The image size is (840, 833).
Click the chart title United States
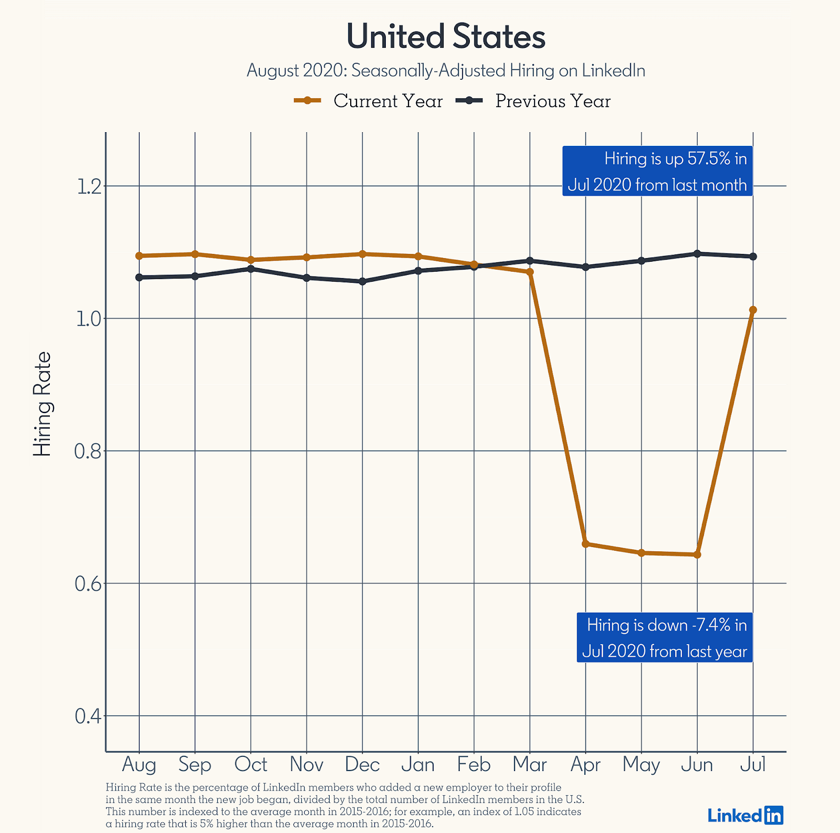pyautogui.click(x=446, y=37)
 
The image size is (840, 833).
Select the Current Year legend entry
pyautogui.click(x=369, y=101)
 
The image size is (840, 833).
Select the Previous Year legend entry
pyautogui.click(x=533, y=101)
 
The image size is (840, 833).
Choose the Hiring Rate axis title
pyautogui.click(x=43, y=404)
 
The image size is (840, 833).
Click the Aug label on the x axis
pyautogui.click(x=139, y=764)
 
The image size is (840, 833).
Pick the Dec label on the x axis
pyautogui.click(x=362, y=764)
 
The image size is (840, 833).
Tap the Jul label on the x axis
pyautogui.click(x=753, y=764)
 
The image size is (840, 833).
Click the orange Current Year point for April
pyautogui.click(x=586, y=544)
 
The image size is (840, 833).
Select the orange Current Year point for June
pyautogui.click(x=697, y=554)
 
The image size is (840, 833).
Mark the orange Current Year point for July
pyautogui.click(x=753, y=310)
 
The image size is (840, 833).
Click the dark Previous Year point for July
pyautogui.click(x=753, y=257)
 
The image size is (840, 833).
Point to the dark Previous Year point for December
pyautogui.click(x=362, y=282)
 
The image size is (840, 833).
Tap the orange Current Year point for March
pyautogui.click(x=530, y=272)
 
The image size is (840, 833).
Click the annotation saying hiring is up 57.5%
pyautogui.click(x=657, y=172)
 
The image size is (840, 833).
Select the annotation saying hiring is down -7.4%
pyautogui.click(x=665, y=638)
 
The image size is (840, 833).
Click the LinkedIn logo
pyautogui.click(x=745, y=815)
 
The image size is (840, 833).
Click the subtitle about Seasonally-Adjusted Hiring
pyautogui.click(x=446, y=70)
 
